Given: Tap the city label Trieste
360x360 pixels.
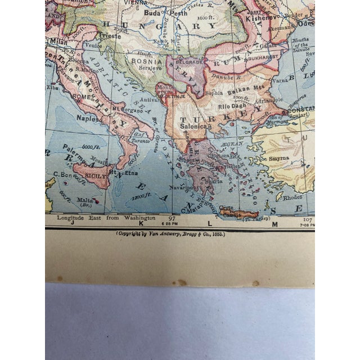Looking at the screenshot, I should click(110, 35).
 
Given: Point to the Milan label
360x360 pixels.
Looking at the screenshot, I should click(58, 41).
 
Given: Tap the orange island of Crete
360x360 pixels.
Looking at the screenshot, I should click(239, 213).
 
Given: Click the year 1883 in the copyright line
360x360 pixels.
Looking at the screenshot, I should click(217, 233).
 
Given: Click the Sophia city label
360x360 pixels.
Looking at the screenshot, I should click(213, 94).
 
